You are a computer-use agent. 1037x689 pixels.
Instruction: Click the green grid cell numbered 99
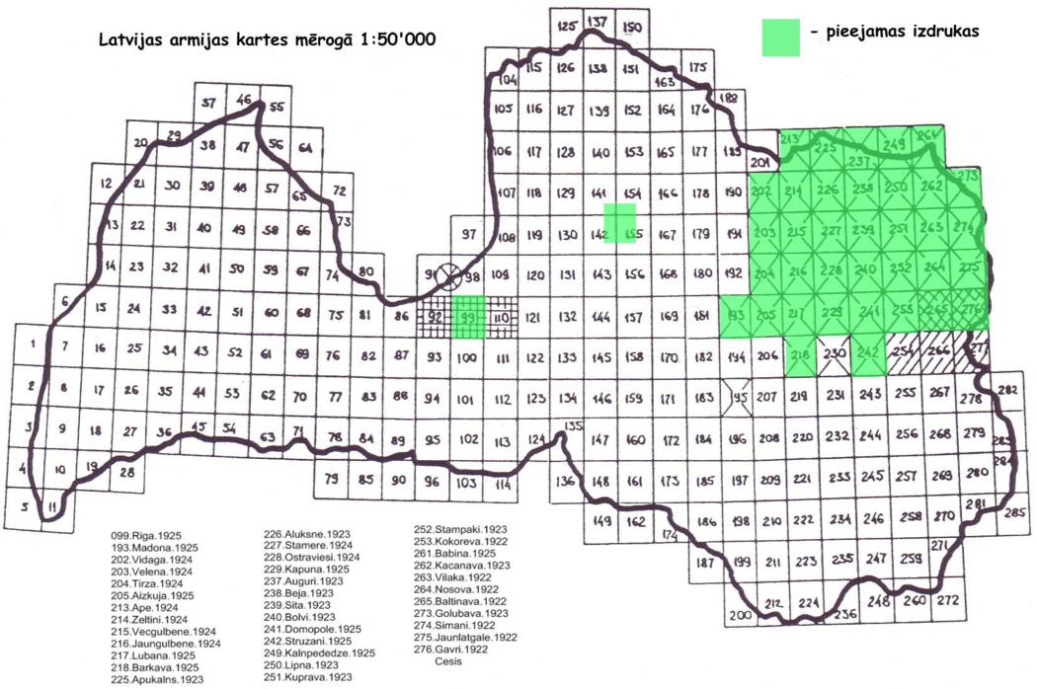[x=468, y=317]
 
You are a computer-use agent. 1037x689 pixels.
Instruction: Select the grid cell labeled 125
[x=565, y=27]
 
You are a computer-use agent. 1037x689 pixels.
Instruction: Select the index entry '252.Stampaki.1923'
[x=460, y=529]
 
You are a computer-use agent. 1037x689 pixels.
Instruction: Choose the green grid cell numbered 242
[x=868, y=353]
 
